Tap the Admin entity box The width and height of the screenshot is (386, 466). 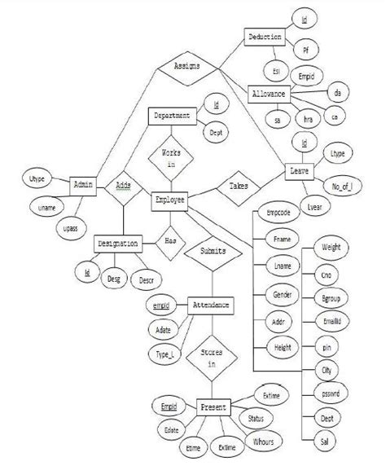(84, 186)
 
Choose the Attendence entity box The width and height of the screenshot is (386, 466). (209, 306)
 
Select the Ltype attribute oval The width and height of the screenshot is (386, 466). (336, 152)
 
